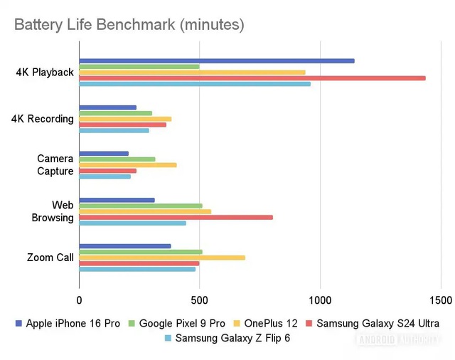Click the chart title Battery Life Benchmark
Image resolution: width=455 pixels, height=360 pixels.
(129, 26)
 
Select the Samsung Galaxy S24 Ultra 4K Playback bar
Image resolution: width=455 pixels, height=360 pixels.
(252, 78)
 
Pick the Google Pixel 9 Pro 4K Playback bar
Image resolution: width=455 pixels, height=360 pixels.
(139, 67)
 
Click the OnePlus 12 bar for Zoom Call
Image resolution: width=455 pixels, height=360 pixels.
(161, 257)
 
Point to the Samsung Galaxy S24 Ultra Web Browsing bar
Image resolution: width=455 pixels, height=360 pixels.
(176, 217)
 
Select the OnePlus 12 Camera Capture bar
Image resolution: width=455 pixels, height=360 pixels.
(127, 164)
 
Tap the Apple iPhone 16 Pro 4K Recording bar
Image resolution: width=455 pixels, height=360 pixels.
(107, 107)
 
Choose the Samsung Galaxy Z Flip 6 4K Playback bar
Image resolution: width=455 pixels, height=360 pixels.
(194, 84)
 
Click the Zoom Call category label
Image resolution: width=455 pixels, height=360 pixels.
(50, 257)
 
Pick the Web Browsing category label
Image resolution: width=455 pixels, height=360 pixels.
(53, 211)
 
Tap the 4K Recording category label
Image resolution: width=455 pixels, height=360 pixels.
(43, 118)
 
